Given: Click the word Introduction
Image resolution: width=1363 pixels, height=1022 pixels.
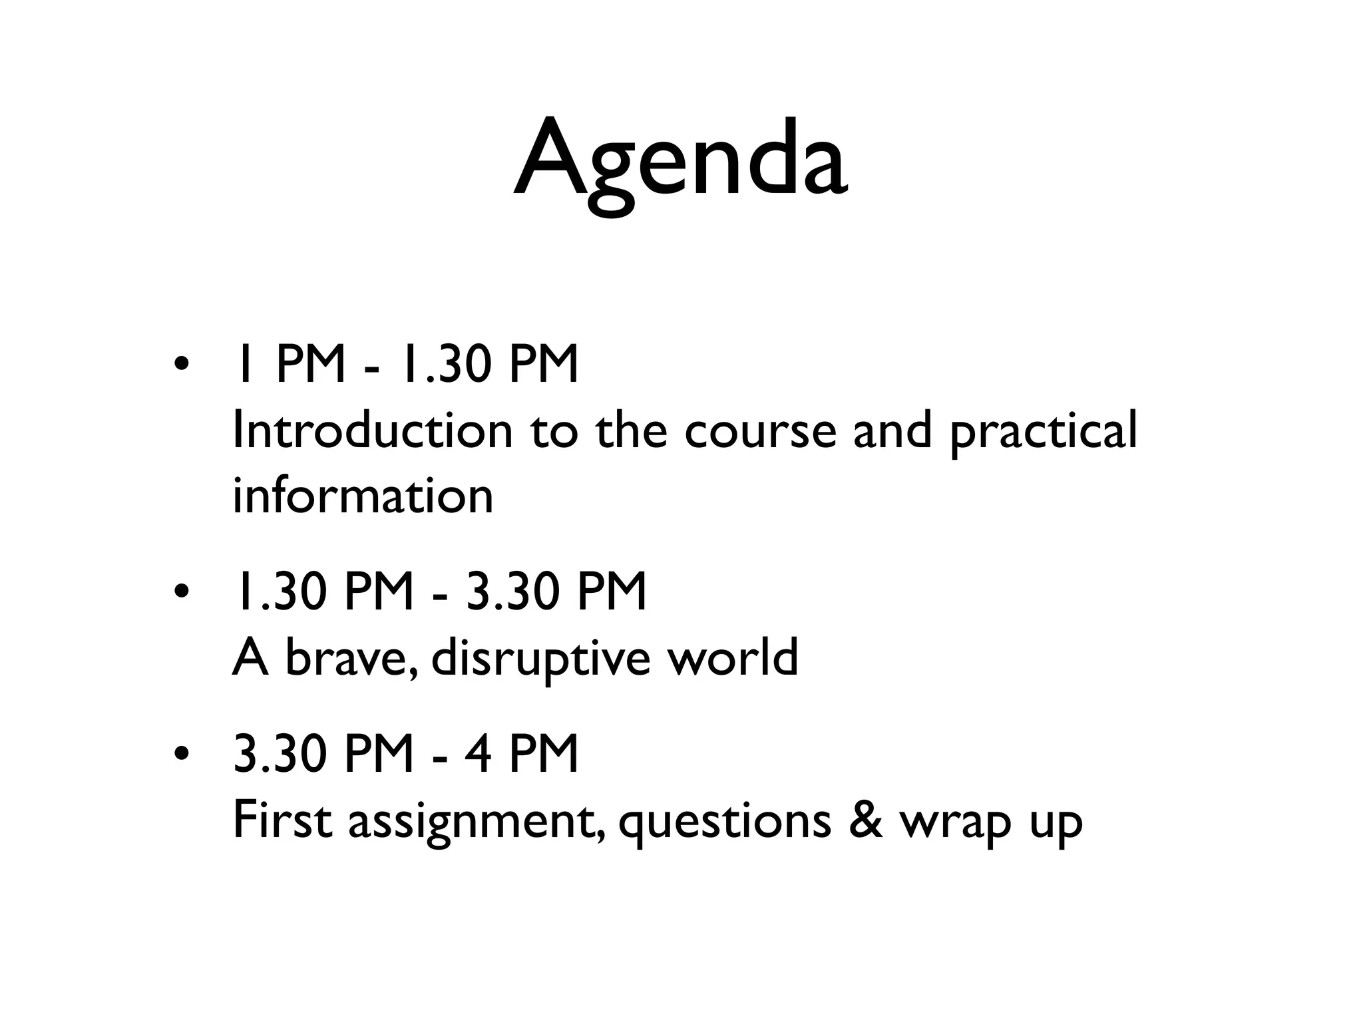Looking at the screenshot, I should pos(373,431).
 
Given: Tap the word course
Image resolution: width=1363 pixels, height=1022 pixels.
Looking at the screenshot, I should pos(759,431).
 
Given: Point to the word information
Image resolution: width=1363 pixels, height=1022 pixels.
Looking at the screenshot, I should pos(363,496).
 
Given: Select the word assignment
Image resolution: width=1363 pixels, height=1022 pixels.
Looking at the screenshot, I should pos(477,822).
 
